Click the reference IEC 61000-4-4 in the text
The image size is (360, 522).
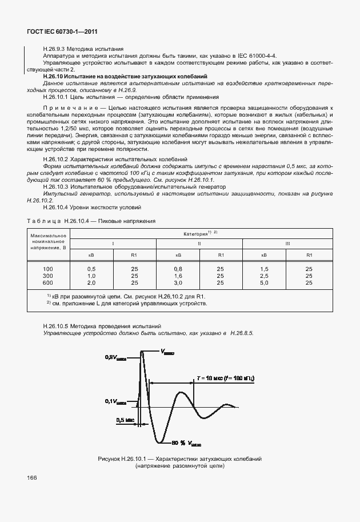click(x=258, y=55)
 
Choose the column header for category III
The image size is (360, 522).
click(x=287, y=244)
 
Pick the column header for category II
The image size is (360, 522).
click(x=199, y=244)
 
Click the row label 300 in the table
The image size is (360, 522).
click(x=48, y=275)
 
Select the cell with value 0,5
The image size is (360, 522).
click(x=91, y=268)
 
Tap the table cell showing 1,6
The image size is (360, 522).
click(x=178, y=275)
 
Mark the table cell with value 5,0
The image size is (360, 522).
click(x=264, y=282)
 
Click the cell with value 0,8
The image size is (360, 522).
click(x=178, y=268)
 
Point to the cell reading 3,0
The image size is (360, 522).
click(x=178, y=282)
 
